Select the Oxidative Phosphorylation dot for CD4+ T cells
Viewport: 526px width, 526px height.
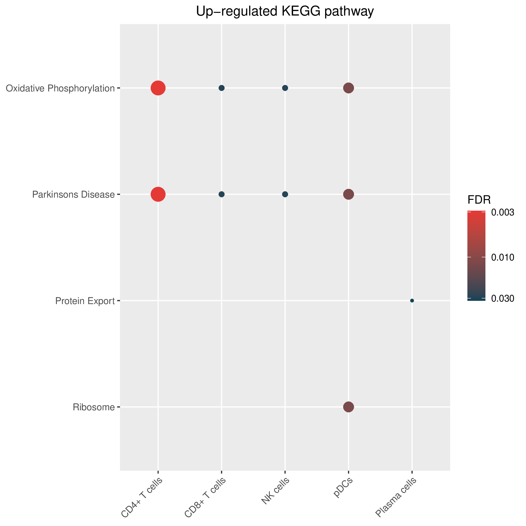click(x=158, y=88)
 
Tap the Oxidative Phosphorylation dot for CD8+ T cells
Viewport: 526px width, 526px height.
click(x=222, y=88)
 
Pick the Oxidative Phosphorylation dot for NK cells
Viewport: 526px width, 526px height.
click(x=285, y=88)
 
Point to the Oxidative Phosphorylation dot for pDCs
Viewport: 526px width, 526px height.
click(x=348, y=88)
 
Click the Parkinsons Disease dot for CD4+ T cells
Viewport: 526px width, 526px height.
click(x=158, y=194)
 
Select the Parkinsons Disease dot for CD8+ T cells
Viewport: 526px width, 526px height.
click(x=222, y=194)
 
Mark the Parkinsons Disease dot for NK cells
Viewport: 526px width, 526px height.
click(x=285, y=194)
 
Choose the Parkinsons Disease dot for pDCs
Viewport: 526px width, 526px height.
click(x=348, y=194)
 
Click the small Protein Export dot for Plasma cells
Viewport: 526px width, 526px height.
click(x=412, y=301)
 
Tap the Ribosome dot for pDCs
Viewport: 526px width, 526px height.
click(x=348, y=407)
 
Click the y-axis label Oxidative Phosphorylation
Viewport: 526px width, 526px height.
click(x=60, y=88)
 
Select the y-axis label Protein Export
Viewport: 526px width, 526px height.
click(x=85, y=301)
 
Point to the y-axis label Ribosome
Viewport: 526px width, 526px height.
click(x=94, y=407)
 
